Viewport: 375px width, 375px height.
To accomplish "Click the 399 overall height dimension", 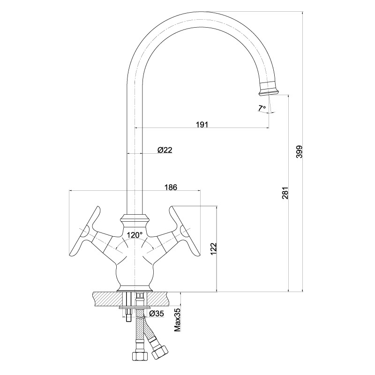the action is click(x=299, y=151).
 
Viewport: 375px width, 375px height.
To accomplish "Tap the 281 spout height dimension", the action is click(x=285, y=193).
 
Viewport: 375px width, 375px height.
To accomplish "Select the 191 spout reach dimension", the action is click(x=202, y=125).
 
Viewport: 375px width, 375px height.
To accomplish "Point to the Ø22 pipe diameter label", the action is click(x=165, y=150).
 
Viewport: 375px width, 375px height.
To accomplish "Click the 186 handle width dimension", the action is click(x=171, y=187).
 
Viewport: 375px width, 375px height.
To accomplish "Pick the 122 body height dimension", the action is click(x=214, y=248).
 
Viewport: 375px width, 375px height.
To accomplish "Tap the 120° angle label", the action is click(x=135, y=235).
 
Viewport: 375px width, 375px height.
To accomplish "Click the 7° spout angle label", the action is click(x=262, y=108).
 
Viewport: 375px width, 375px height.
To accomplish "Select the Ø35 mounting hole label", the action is click(x=157, y=314).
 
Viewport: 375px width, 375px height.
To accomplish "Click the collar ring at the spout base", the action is click(x=135, y=217).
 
